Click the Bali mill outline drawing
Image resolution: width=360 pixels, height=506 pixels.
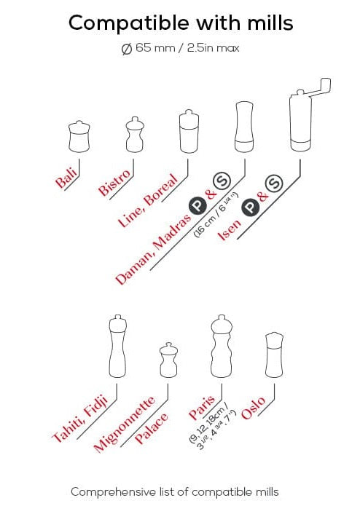tap(79, 136)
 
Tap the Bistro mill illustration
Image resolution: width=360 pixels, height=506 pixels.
tap(135, 134)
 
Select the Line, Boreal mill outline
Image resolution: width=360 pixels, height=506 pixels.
tap(189, 131)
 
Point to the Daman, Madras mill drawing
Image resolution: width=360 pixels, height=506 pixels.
tap(244, 127)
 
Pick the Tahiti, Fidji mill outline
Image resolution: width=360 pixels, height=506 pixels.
tap(117, 346)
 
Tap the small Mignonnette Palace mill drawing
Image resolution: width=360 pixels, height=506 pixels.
tap(168, 360)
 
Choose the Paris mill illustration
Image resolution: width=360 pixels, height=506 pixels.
tap(222, 347)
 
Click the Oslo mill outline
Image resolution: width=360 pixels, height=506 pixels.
tap(274, 355)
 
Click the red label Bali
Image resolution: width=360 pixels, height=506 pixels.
tap(66, 178)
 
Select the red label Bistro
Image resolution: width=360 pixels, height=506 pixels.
tap(115, 183)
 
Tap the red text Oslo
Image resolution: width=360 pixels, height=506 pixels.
tap(253, 408)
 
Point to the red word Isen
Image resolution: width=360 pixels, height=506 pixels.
tap(230, 230)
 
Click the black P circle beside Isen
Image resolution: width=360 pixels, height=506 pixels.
tap(251, 207)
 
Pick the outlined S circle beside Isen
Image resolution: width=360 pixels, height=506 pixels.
tap(274, 183)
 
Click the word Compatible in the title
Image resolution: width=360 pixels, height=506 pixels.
tap(129, 23)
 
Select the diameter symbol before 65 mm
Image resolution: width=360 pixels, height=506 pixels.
tap(127, 49)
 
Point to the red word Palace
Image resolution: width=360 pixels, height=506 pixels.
tap(151, 428)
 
